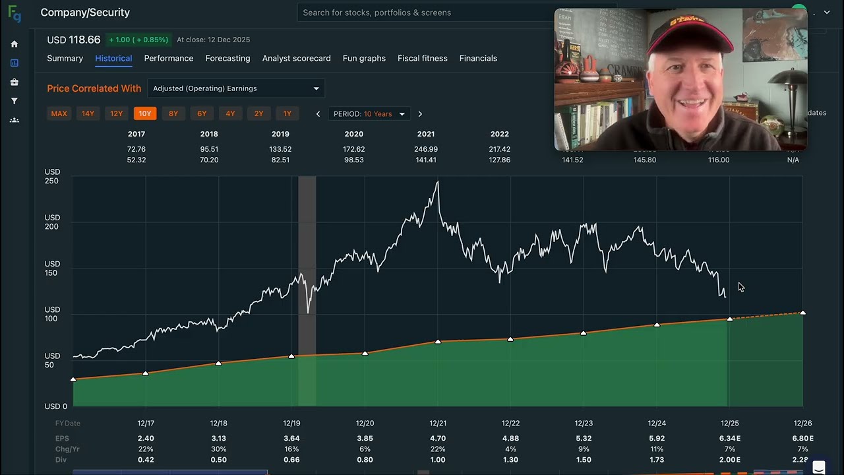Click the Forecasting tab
click(x=227, y=58)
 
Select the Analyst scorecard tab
click(x=296, y=58)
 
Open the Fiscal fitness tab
click(x=422, y=58)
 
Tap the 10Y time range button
click(x=145, y=113)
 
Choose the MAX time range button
click(x=59, y=113)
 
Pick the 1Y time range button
click(x=287, y=113)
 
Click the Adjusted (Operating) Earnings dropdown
click(x=235, y=88)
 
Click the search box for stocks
click(x=422, y=13)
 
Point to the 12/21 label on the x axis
click(x=438, y=424)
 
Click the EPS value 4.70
click(x=438, y=438)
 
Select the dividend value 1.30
click(x=510, y=460)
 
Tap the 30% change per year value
click(x=218, y=449)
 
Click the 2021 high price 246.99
click(x=426, y=149)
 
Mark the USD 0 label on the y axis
click(x=56, y=406)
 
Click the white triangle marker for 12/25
click(x=730, y=319)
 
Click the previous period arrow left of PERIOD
click(x=318, y=114)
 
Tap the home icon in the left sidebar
click(x=15, y=44)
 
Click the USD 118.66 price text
click(x=73, y=40)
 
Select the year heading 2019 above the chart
click(x=280, y=134)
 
